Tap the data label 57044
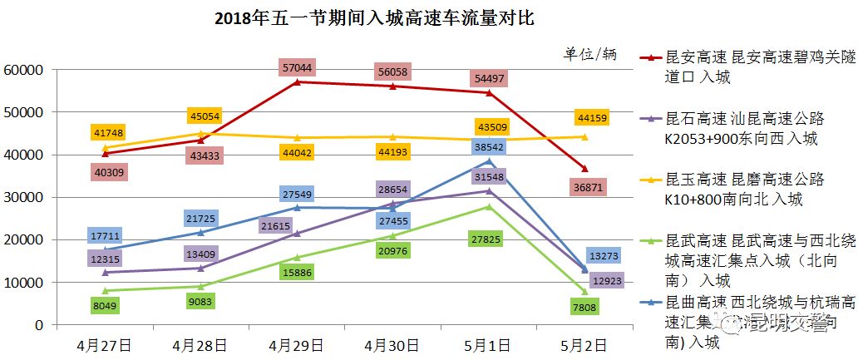pos(297,67)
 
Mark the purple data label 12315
pos(106,259)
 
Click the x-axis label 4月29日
pos(297,343)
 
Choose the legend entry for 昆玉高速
pos(744,190)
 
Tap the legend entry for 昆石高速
pos(744,129)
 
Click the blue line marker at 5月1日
pos(488,161)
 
